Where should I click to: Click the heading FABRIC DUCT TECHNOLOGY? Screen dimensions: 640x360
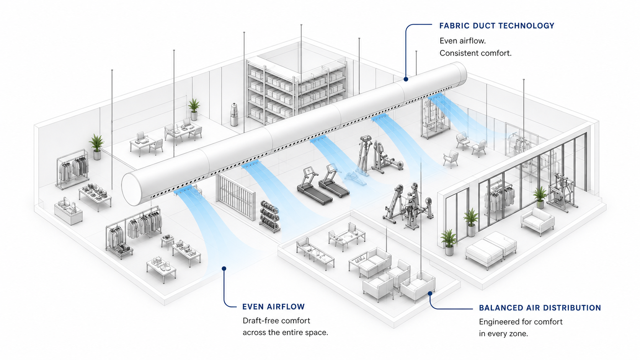pyautogui.click(x=496, y=26)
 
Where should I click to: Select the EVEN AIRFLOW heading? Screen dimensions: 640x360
pyautogui.click(x=273, y=306)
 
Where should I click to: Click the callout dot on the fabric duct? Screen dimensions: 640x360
pyautogui.click(x=406, y=79)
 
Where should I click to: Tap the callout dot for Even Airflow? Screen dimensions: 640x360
pyautogui.click(x=224, y=268)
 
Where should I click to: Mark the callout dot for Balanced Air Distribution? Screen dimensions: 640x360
pyautogui.click(x=430, y=293)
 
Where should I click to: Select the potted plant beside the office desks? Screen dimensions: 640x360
pyautogui.click(x=194, y=109)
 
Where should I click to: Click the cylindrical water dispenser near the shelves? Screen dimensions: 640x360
pyautogui.click(x=234, y=114)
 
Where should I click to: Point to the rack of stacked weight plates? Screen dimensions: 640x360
pyautogui.click(x=269, y=216)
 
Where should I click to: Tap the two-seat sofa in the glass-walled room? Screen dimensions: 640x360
pyautogui.click(x=537, y=221)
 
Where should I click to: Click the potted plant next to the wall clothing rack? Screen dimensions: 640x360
pyautogui.click(x=96, y=147)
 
